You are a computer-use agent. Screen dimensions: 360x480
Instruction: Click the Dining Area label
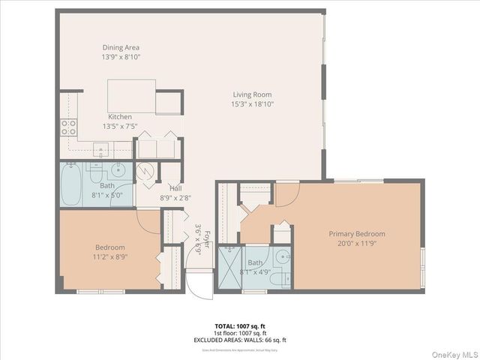pyautogui.click(x=121, y=47)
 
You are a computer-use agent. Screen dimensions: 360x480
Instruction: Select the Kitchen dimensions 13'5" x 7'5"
pyautogui.click(x=120, y=126)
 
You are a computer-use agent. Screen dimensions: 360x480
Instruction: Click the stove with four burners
pyautogui.click(x=68, y=127)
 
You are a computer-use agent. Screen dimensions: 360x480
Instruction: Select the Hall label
pyautogui.click(x=175, y=188)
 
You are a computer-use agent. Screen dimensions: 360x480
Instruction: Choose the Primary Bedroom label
pyautogui.click(x=357, y=233)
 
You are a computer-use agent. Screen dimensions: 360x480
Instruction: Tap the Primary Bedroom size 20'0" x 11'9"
pyautogui.click(x=357, y=243)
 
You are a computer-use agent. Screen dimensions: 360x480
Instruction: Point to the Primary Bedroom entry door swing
pyautogui.click(x=286, y=193)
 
